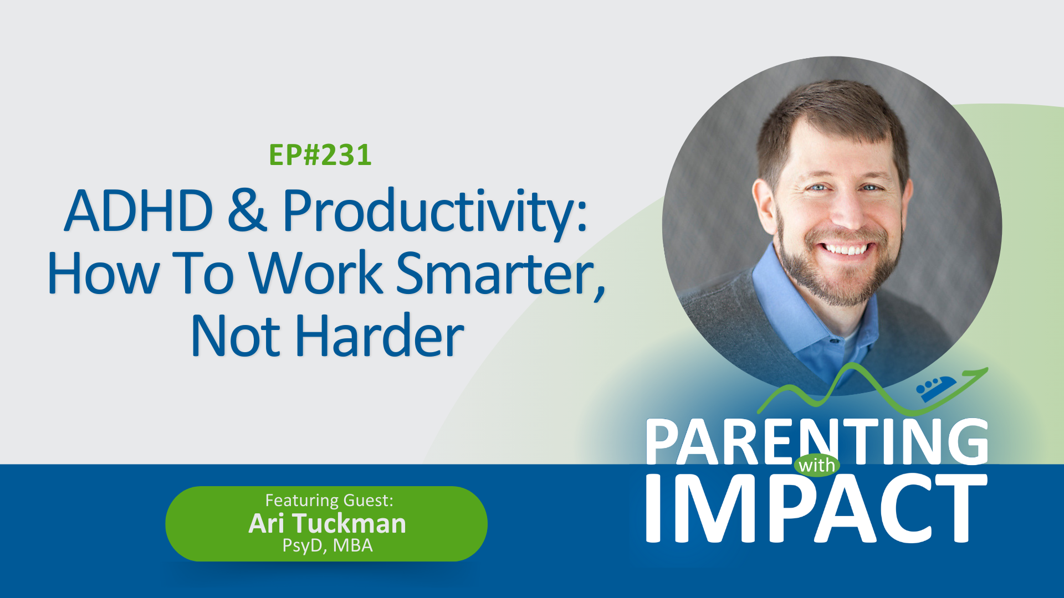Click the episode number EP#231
(320, 155)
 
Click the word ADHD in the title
(139, 211)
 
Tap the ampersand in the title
(247, 211)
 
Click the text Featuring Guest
(329, 501)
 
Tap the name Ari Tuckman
(327, 523)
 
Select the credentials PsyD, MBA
(328, 546)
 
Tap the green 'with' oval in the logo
(816, 465)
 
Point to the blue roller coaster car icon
(936, 389)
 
